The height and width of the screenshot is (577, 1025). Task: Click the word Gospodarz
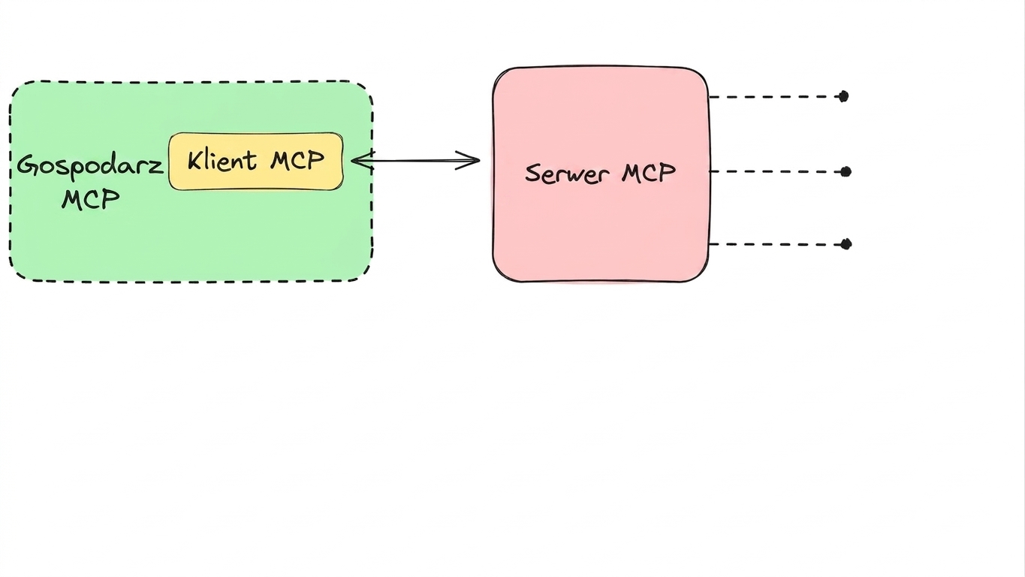[x=90, y=166]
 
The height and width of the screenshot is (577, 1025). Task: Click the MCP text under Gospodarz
[x=91, y=199]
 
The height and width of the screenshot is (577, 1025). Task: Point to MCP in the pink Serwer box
[x=648, y=173]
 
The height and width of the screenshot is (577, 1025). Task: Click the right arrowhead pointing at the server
[x=468, y=160]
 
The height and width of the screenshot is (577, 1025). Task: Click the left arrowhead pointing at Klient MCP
[x=363, y=161]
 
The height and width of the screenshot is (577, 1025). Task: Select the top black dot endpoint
[x=843, y=96]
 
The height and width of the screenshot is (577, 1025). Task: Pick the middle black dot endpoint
[x=846, y=172]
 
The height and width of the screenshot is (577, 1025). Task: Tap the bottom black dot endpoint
[x=846, y=244]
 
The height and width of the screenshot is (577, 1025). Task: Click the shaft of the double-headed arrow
[x=415, y=161]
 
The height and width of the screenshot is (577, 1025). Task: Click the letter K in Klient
[x=196, y=162]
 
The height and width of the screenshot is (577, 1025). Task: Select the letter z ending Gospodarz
[x=156, y=166]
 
